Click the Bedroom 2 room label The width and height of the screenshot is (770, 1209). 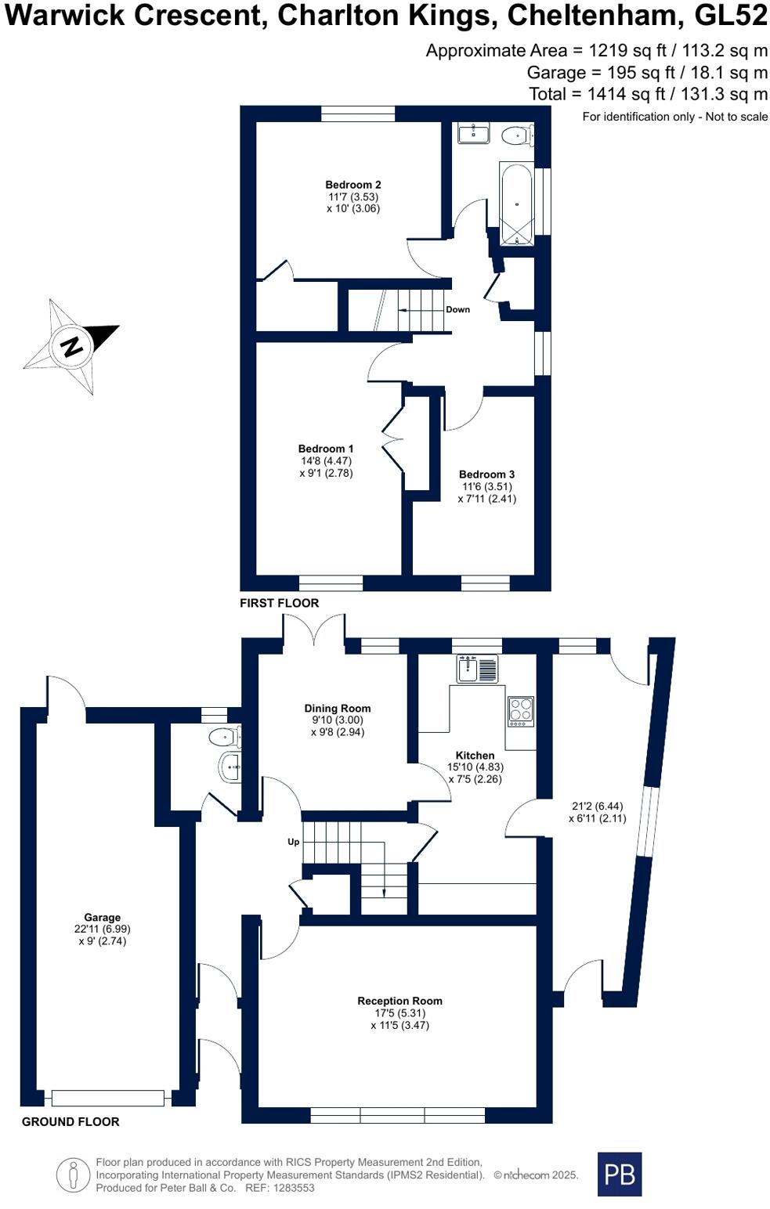pyautogui.click(x=352, y=186)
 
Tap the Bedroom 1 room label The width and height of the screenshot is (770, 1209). pyautogui.click(x=325, y=449)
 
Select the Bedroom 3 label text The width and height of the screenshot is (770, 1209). pyautogui.click(x=486, y=475)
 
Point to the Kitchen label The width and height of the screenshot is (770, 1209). pyautogui.click(x=475, y=756)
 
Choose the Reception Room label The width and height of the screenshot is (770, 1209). pyautogui.click(x=399, y=1001)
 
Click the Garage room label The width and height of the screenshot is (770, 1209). pyautogui.click(x=103, y=918)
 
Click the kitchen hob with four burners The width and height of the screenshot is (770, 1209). pyautogui.click(x=521, y=711)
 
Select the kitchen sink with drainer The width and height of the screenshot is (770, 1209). pyautogui.click(x=477, y=669)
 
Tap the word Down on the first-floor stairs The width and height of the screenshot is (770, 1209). pyautogui.click(x=457, y=309)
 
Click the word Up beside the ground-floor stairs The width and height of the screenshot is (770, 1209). pyautogui.click(x=293, y=843)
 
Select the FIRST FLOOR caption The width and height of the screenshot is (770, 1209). pyautogui.click(x=280, y=603)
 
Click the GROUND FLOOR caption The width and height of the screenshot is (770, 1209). pyautogui.click(x=70, y=1121)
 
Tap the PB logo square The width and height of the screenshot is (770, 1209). pyautogui.click(x=619, y=1174)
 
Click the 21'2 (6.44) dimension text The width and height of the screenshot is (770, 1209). pyautogui.click(x=597, y=806)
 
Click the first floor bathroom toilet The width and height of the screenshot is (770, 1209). pyautogui.click(x=515, y=136)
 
